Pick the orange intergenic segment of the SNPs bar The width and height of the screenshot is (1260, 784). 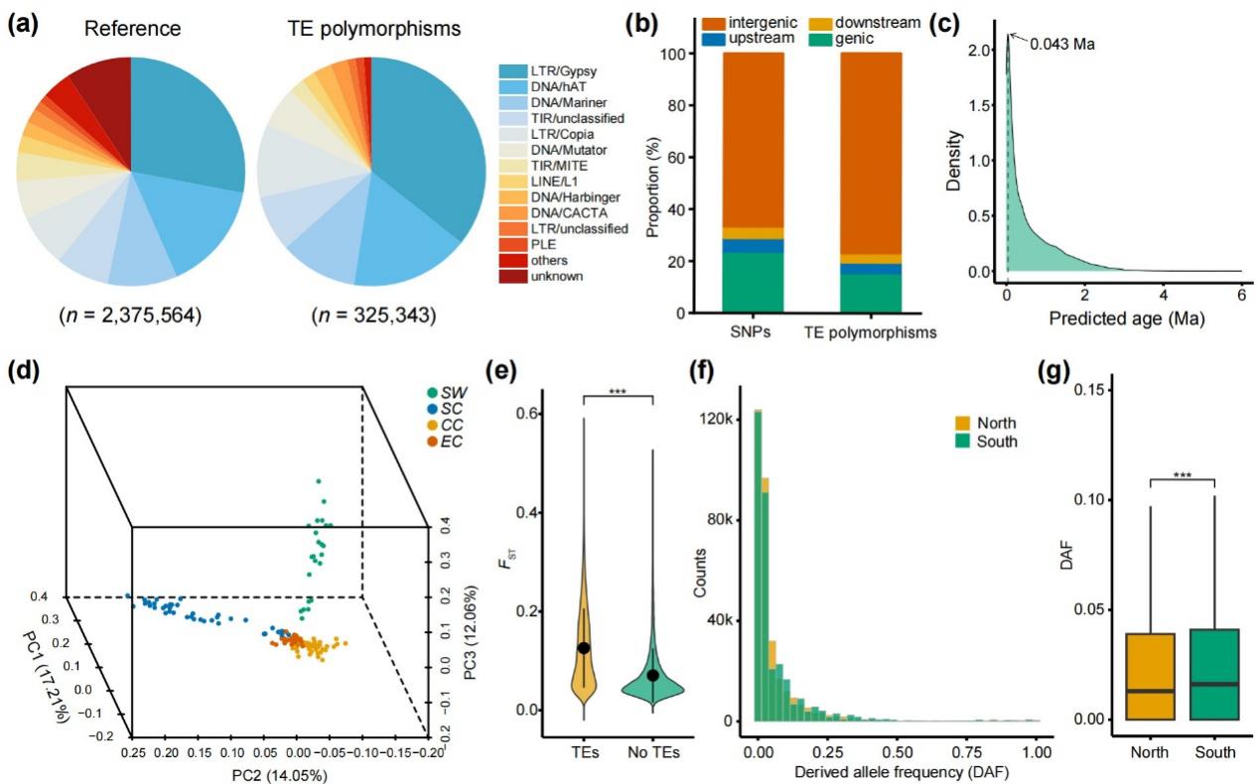coord(753,139)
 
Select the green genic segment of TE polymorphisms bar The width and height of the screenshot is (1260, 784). coord(871,293)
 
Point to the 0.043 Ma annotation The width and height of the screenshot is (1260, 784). coord(1063,45)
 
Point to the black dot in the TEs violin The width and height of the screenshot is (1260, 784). coord(584,647)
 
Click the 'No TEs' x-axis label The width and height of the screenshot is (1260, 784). coord(652,752)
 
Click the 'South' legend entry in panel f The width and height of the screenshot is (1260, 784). coord(997,441)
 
